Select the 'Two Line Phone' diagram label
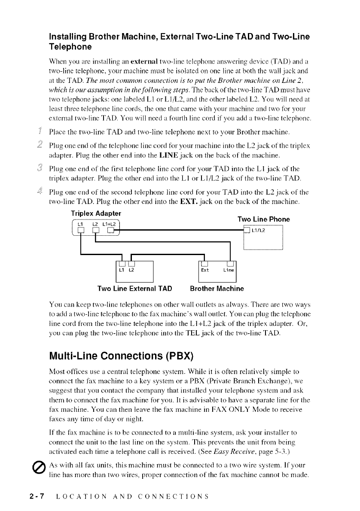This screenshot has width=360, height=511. tap(263, 219)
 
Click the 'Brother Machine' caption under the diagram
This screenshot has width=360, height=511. tap(217, 288)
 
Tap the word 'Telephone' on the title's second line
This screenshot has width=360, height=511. tap(70, 46)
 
